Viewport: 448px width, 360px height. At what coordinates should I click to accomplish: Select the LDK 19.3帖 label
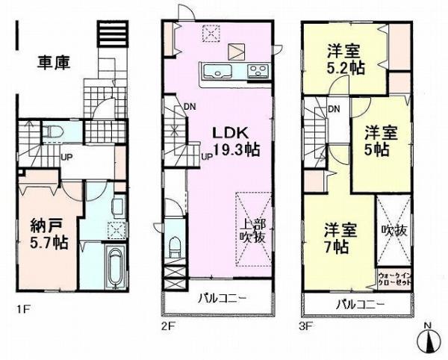tap(234, 139)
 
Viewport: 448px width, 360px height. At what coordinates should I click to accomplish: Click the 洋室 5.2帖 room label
tap(345, 60)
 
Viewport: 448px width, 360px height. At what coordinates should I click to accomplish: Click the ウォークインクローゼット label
tap(393, 279)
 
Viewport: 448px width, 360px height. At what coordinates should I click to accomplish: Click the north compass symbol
tap(428, 340)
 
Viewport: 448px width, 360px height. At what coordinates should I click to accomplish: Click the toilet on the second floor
tap(173, 246)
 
